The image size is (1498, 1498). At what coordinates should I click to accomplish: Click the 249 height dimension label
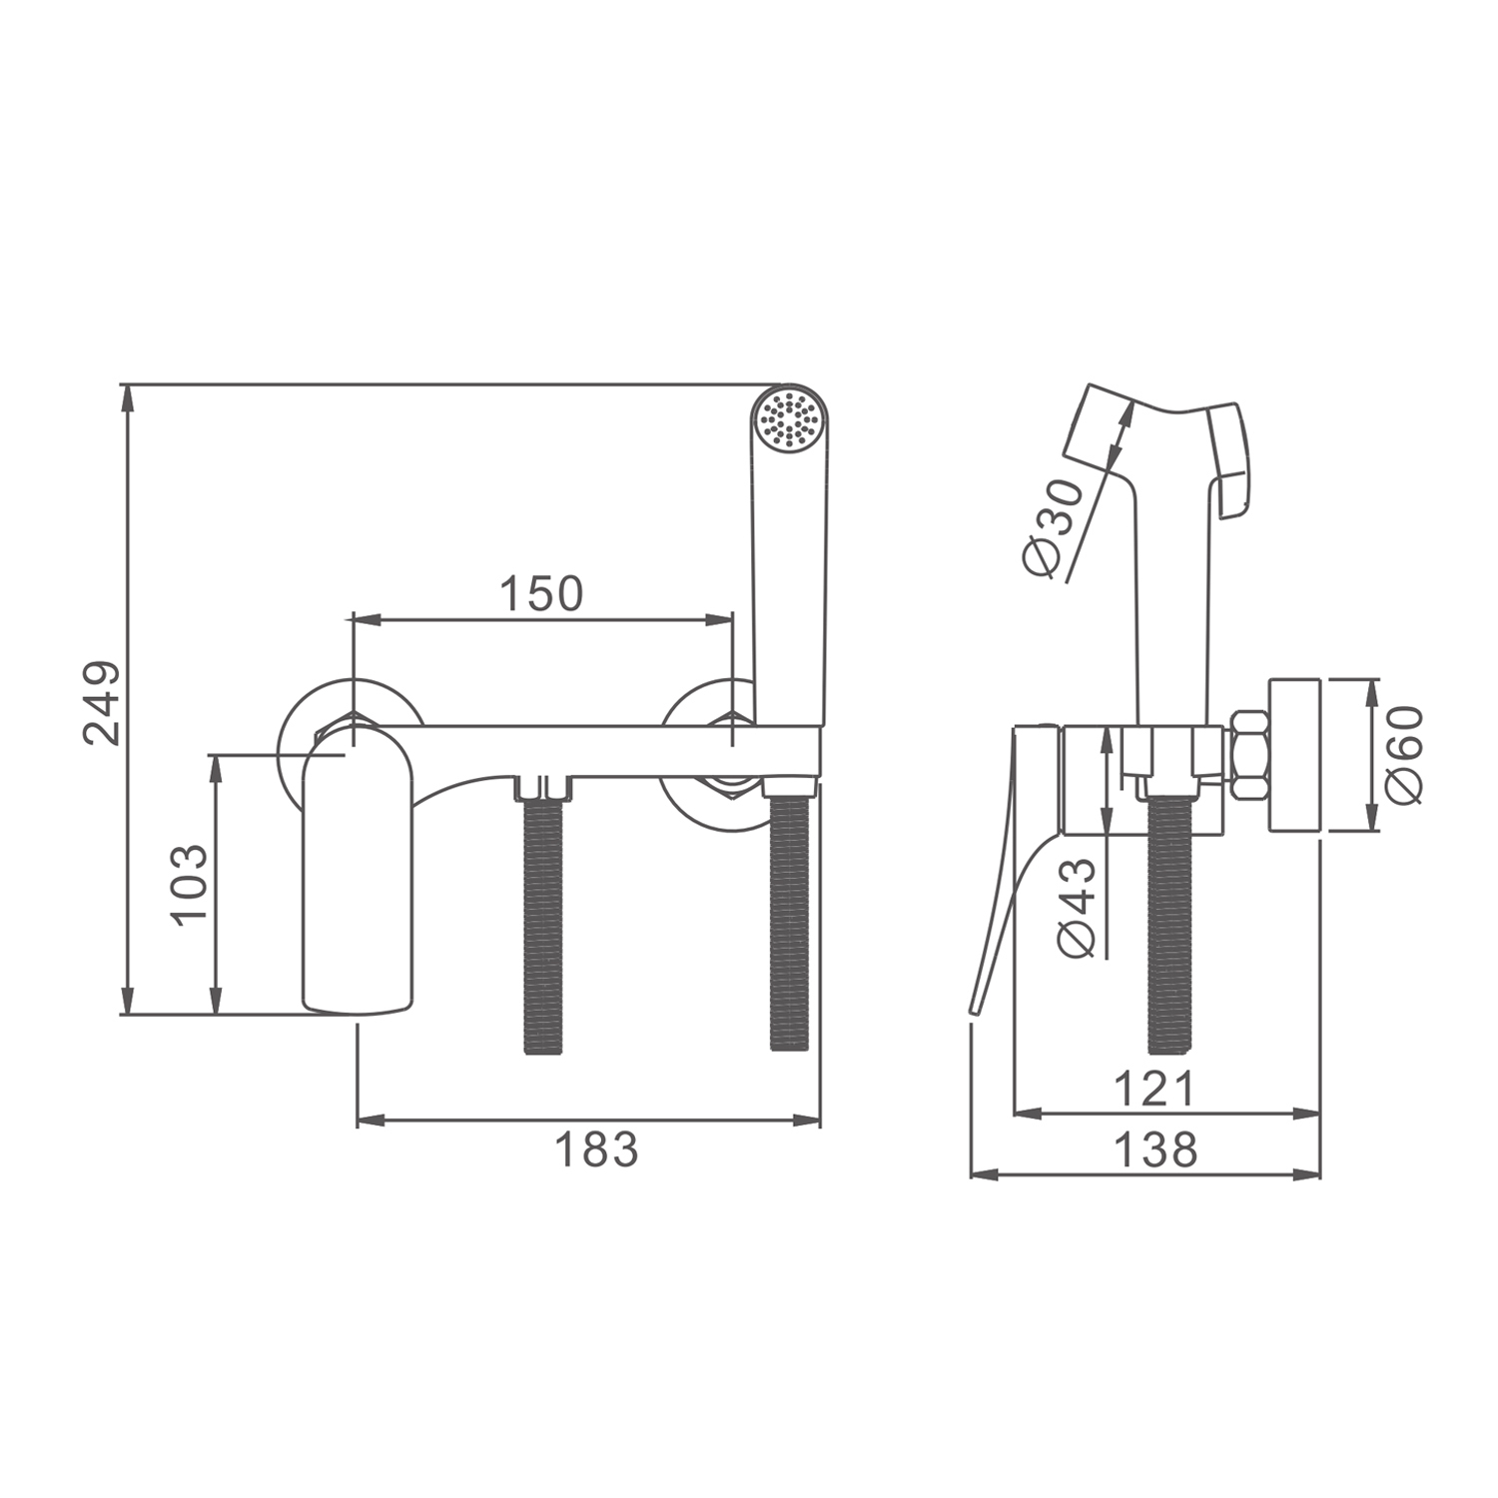click(103, 702)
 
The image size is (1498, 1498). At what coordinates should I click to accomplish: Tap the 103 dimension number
click(190, 885)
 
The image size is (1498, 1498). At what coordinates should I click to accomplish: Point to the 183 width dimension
click(596, 1149)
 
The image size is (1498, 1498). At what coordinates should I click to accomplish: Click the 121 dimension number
click(1154, 1089)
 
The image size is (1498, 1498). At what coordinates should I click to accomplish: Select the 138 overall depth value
click(1154, 1149)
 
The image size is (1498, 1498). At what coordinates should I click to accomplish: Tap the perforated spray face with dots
click(789, 417)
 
